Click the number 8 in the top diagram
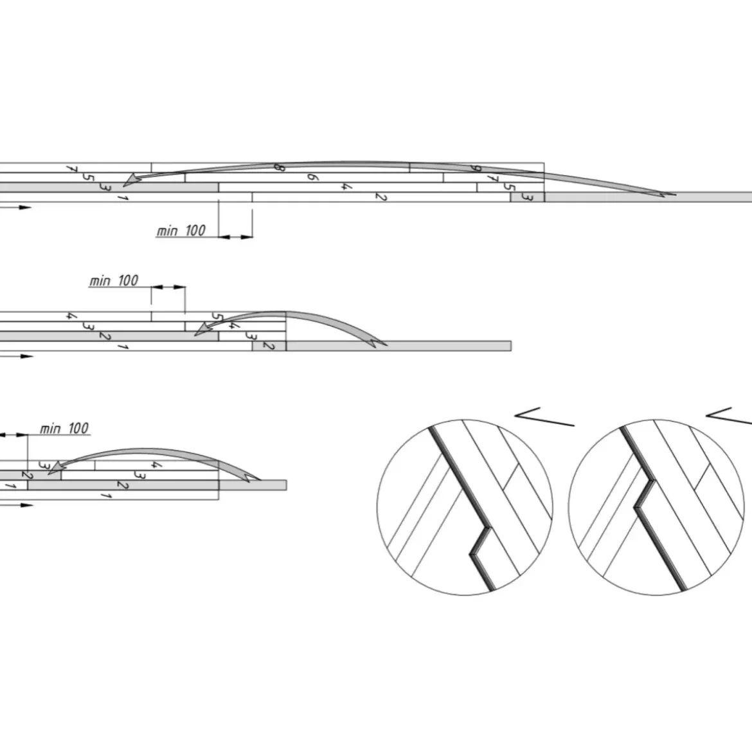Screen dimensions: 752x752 point(279,167)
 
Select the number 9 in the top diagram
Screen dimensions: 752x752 point(475,168)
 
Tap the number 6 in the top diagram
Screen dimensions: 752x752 point(312,177)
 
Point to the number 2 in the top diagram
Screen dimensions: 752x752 point(380,196)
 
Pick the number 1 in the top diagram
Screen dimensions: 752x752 point(123,197)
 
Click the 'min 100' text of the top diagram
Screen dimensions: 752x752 point(181,231)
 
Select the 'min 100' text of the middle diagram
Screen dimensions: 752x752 point(114,281)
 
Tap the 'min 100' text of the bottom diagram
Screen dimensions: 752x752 point(64,428)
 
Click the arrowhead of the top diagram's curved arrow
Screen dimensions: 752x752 point(131,180)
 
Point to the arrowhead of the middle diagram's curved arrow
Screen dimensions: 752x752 point(203,329)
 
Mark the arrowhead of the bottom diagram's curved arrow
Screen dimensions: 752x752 point(57,468)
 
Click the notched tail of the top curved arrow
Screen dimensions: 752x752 point(666,194)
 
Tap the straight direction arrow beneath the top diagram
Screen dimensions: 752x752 point(15,208)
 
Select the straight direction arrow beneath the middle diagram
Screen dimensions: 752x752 point(16,356)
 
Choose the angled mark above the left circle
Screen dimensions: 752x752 point(544,416)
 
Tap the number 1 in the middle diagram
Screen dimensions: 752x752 point(123,346)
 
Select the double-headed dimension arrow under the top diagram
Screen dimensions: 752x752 point(235,237)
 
